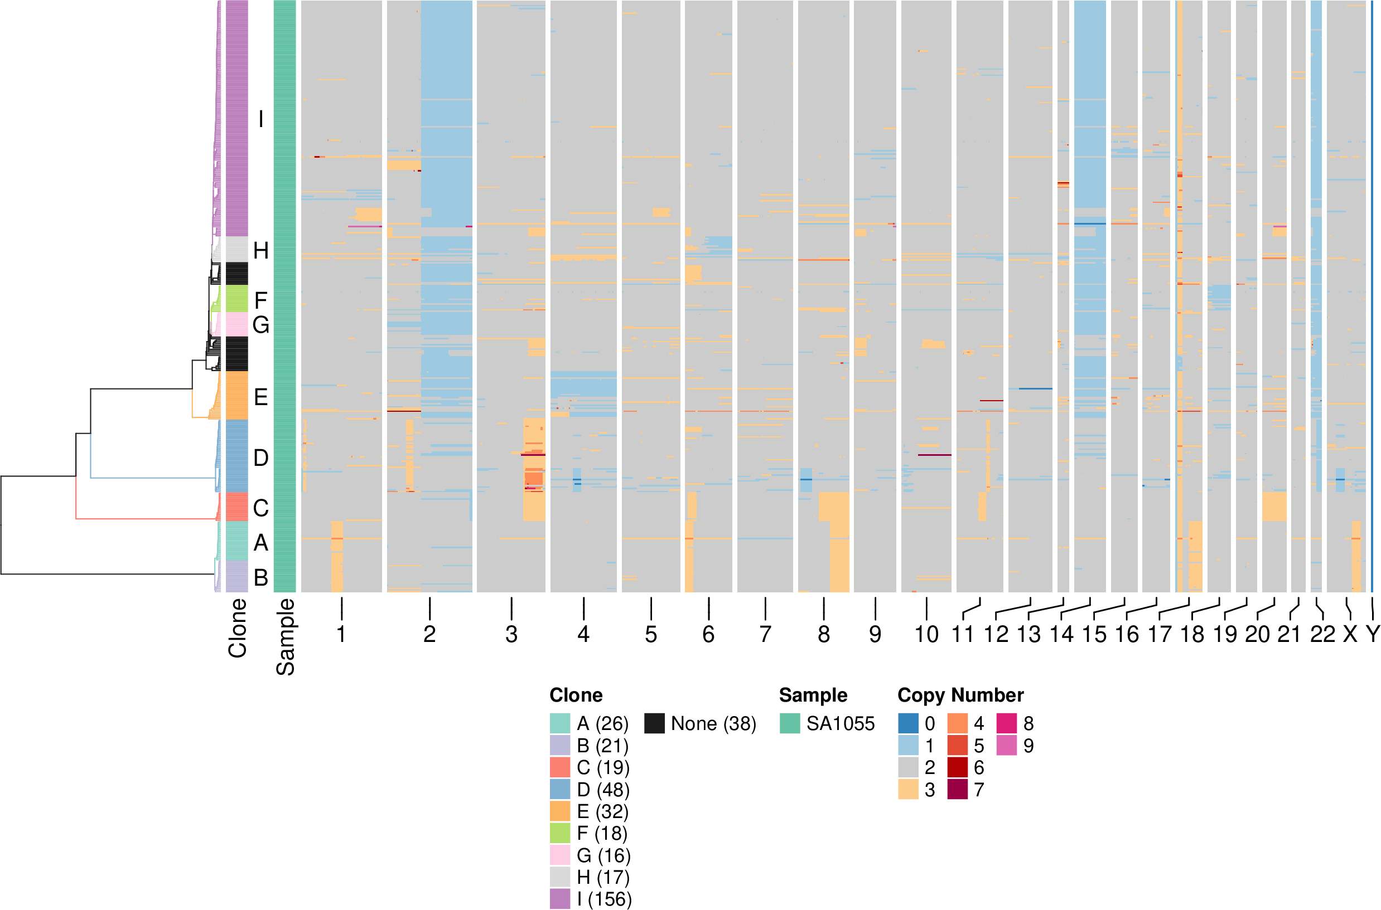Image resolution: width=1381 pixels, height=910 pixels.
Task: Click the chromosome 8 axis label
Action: [x=823, y=634]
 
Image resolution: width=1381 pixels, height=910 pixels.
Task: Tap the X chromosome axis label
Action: [x=1350, y=634]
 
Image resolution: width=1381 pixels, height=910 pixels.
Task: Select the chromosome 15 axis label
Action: [x=1094, y=634]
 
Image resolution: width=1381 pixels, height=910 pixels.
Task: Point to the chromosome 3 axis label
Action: [x=511, y=634]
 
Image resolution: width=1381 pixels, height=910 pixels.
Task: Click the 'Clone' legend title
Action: [x=576, y=695]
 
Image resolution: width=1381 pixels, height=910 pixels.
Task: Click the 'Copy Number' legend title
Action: [x=960, y=695]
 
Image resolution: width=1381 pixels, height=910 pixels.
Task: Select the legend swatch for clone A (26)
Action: [x=560, y=723]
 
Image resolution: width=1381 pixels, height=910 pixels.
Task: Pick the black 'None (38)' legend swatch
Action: [x=654, y=723]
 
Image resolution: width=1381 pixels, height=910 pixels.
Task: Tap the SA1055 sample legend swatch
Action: [x=790, y=723]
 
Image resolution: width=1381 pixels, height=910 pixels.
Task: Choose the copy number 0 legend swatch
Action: [x=908, y=723]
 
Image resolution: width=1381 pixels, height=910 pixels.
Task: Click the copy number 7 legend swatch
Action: [x=958, y=789]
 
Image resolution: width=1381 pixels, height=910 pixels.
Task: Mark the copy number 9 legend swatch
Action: [x=1007, y=745]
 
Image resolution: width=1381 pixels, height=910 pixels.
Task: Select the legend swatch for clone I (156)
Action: [x=560, y=899]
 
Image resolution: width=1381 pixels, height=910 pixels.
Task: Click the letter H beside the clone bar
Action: [x=261, y=251]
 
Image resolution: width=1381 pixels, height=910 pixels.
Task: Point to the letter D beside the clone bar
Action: [x=261, y=458]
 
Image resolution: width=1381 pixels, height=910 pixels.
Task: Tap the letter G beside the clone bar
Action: [x=261, y=325]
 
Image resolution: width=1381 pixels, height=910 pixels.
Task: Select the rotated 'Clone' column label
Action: [x=238, y=629]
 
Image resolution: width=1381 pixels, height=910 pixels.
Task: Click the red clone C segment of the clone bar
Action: [x=236, y=507]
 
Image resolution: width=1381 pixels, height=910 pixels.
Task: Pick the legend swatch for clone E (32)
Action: [x=560, y=811]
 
